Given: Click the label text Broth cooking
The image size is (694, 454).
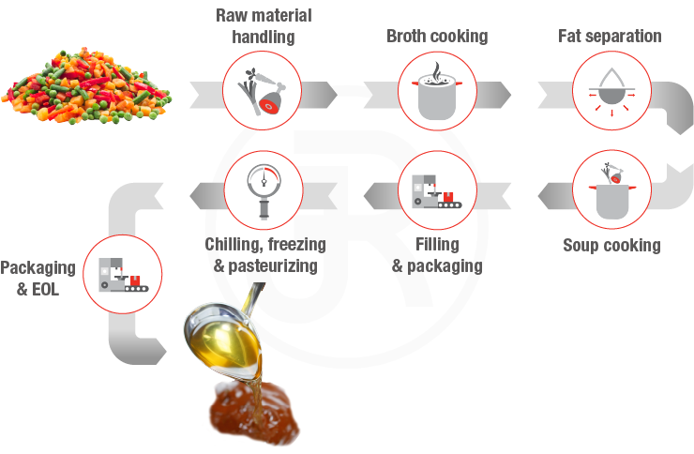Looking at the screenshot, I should coord(437,37).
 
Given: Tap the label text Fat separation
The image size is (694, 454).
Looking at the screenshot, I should coord(610,37).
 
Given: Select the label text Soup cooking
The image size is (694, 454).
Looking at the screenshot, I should coord(611,246).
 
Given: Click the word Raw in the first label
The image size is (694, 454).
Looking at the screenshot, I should coord(234,16).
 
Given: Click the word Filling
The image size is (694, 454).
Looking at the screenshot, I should coord(437,246).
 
